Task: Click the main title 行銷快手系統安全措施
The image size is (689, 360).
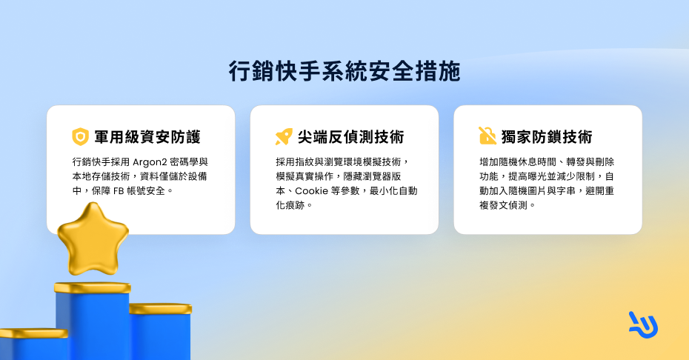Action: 344,71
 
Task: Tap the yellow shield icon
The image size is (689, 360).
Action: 81,137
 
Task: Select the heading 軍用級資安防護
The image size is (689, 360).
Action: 147,137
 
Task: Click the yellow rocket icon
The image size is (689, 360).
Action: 284,137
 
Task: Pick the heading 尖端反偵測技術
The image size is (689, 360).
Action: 351,137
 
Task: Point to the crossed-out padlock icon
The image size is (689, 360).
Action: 487,136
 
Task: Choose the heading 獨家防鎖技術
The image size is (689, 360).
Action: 547,137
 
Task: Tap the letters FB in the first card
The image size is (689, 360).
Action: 119,191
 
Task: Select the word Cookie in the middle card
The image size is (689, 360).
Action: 312,191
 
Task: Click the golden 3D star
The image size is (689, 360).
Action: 93,239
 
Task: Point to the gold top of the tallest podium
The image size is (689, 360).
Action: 93,288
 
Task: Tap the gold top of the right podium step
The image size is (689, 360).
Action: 160,309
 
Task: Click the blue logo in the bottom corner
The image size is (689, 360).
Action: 643,325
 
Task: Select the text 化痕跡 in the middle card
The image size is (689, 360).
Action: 290,205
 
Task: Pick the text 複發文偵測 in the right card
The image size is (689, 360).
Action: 503,205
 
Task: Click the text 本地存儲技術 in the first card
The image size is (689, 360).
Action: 101,177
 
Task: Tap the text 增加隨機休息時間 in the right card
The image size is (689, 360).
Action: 518,162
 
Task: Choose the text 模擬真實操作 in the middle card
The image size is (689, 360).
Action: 304,177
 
